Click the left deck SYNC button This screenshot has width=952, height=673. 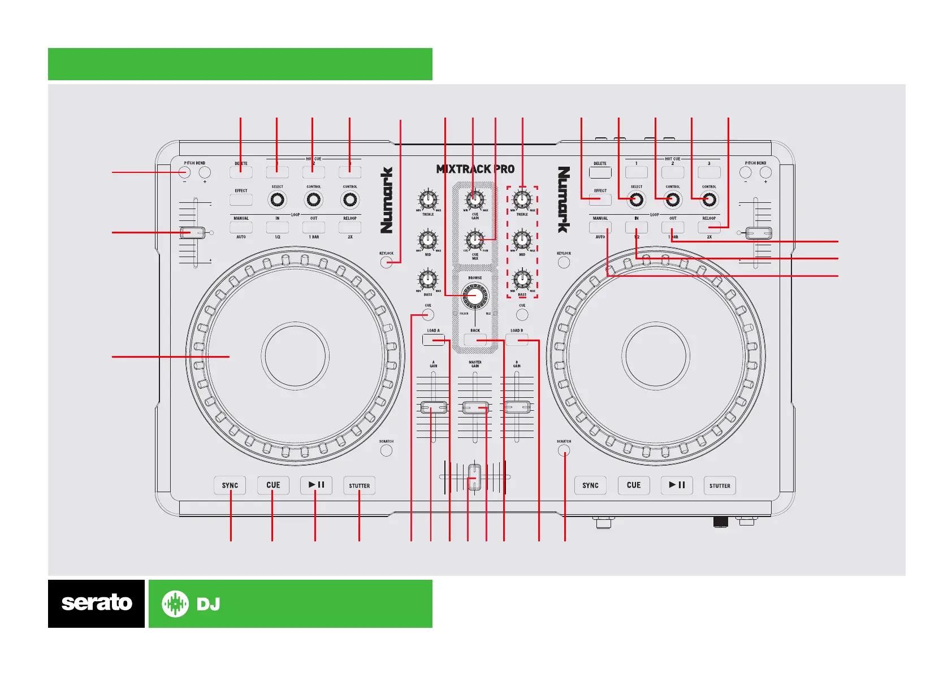pos(230,485)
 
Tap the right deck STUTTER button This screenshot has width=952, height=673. pos(720,485)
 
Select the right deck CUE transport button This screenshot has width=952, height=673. pos(634,485)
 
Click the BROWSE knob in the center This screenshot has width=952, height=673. pos(475,295)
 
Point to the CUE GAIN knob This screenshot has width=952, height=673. pos(475,199)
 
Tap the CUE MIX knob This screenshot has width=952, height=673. pos(475,239)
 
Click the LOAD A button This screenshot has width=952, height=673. pos(434,340)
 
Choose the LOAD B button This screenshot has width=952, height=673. pos(517,340)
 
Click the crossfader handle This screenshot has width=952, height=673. pos(474,476)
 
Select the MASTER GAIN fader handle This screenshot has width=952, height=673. pos(475,407)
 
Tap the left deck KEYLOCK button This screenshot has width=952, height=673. pos(386,262)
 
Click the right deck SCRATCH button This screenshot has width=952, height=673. pos(564,450)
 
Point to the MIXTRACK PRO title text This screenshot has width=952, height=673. pos(475,169)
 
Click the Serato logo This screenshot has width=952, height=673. pos(96,603)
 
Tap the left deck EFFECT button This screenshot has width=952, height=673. pos(241,199)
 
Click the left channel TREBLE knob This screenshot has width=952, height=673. pos(428,199)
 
